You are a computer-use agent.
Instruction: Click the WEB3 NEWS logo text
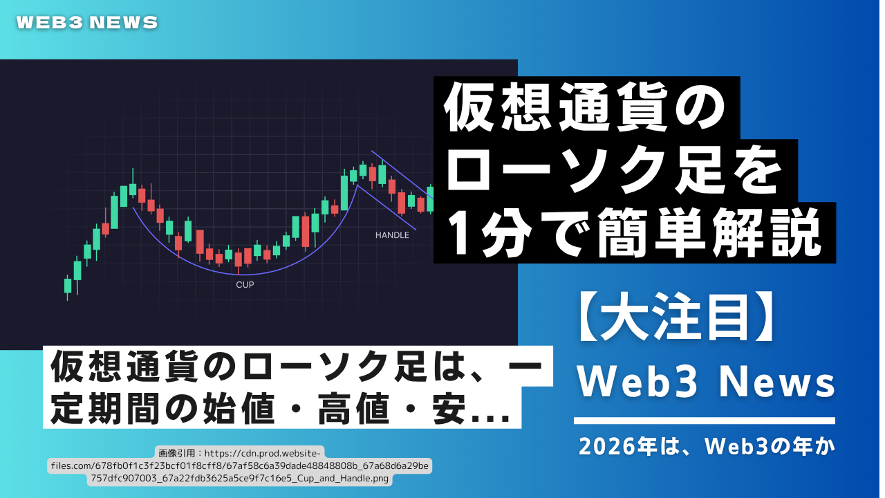[87, 23]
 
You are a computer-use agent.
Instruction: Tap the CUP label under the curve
[245, 284]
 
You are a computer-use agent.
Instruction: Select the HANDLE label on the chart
[392, 235]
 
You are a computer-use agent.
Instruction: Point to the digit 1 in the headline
[461, 233]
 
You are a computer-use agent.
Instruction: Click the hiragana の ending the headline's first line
[700, 107]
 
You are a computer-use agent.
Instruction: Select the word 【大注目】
[676, 317]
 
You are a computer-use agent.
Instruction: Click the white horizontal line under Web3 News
[705, 421]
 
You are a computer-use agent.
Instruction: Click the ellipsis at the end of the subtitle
[492, 418]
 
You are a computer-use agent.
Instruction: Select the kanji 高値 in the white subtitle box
[354, 408]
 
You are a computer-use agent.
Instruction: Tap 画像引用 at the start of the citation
[177, 453]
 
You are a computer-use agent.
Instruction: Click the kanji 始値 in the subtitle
[239, 408]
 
